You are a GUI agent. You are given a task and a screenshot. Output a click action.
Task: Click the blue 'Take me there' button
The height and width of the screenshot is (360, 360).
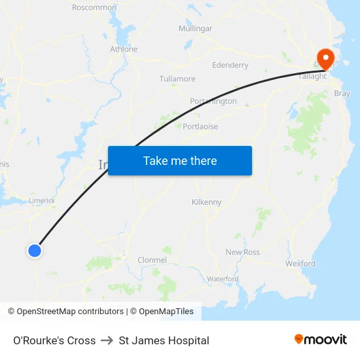pyautogui.click(x=180, y=161)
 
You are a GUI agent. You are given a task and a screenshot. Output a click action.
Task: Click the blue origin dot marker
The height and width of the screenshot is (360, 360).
pyautogui.click(x=35, y=250)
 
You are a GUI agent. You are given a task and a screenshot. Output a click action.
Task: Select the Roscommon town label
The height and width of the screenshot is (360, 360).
pyautogui.click(x=94, y=8)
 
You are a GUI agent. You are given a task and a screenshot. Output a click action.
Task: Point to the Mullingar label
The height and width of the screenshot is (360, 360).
pyautogui.click(x=195, y=29)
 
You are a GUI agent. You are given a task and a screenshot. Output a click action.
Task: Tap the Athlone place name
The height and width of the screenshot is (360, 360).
pyautogui.click(x=124, y=49)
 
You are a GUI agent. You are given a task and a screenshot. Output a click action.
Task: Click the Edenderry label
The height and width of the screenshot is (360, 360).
pyautogui.click(x=230, y=65)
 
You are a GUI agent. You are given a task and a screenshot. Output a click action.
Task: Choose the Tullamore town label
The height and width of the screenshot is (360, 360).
pyautogui.click(x=177, y=79)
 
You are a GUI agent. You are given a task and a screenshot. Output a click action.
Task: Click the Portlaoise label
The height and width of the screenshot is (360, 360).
pyautogui.click(x=200, y=126)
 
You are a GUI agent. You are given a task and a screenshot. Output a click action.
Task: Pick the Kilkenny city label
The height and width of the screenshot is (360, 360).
pyautogui.click(x=207, y=202)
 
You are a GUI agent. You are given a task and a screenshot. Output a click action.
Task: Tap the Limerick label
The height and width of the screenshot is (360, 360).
pyautogui.click(x=42, y=201)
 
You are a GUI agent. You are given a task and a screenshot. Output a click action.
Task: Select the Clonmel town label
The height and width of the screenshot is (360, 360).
pyautogui.click(x=152, y=260)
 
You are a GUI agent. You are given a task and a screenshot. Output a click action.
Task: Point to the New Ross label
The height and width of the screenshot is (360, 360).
pyautogui.click(x=242, y=252)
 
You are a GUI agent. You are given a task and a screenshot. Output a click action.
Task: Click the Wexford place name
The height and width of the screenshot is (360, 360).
pyautogui.click(x=300, y=264)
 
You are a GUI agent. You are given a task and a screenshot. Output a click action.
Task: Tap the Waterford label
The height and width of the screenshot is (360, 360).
pyautogui.click(x=223, y=279)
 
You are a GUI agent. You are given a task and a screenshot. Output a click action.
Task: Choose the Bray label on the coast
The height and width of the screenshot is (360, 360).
pyautogui.click(x=342, y=94)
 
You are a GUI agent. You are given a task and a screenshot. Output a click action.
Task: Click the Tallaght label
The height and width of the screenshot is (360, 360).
pyautogui.click(x=312, y=77)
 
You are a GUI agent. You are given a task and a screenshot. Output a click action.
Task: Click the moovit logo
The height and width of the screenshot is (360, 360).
pyautogui.click(x=321, y=340)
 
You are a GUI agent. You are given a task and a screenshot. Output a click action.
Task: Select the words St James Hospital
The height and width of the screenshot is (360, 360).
pyautogui.click(x=164, y=340)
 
